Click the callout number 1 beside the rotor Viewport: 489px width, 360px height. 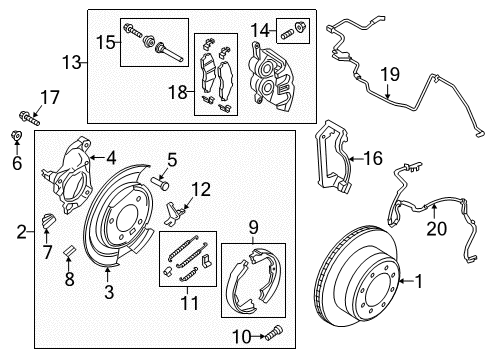[x=420, y=284]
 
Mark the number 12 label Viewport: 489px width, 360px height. [x=202, y=188]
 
